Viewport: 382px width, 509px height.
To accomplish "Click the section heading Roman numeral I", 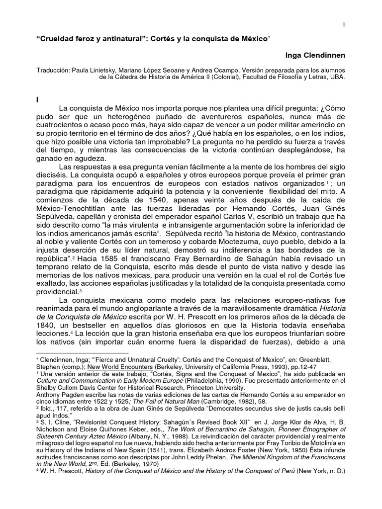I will tap(37, 99).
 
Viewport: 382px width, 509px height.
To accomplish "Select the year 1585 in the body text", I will tap(123, 260).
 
